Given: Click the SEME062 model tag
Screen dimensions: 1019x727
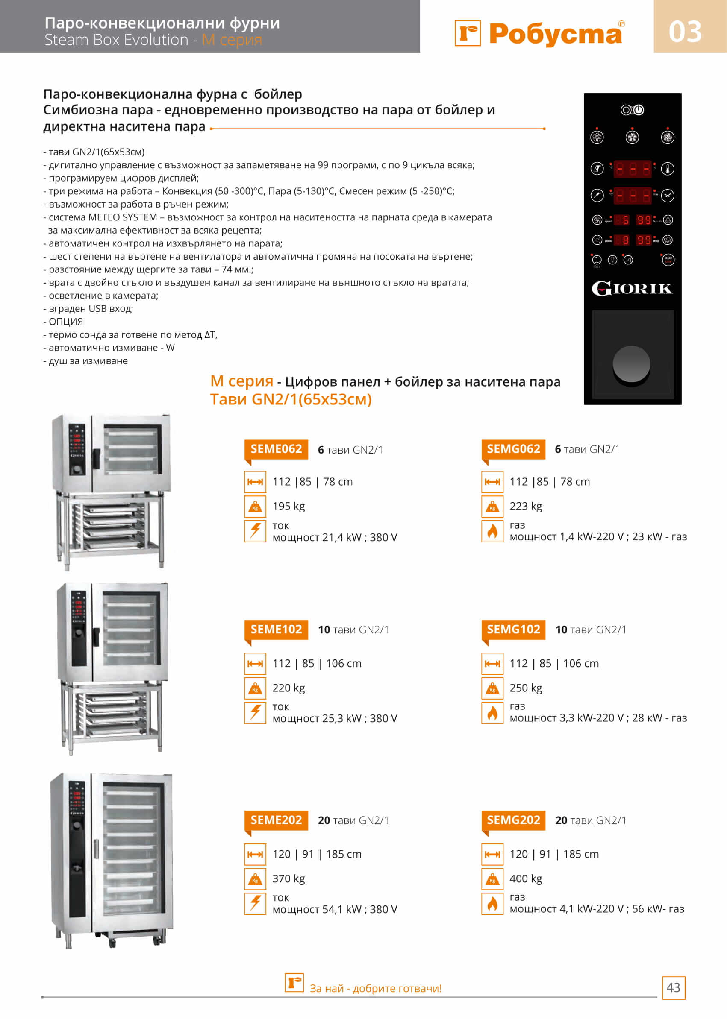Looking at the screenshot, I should pos(276,449).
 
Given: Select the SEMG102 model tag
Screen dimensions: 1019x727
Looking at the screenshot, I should pos(513,630).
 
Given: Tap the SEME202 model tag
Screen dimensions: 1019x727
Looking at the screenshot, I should pos(276,820).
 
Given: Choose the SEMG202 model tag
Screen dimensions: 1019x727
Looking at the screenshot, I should pos(513,820).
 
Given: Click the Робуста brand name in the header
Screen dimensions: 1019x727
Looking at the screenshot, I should pos(555,34).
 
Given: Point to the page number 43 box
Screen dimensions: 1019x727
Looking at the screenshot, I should pos(673,987).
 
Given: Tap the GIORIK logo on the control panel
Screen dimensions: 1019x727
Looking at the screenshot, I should pos(632,289).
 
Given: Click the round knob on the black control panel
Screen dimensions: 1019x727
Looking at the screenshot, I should pos(631,364).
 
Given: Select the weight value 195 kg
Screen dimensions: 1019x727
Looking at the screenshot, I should pos(289,507).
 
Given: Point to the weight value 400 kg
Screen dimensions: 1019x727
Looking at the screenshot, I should pos(526,878).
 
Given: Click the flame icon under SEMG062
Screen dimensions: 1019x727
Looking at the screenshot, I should pos(492,531).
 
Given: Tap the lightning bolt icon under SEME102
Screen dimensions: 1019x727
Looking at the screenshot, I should pos(255,713).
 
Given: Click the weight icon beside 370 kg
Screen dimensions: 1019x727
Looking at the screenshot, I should pos(255,879).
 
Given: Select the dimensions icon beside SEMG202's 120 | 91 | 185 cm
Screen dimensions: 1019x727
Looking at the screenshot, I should pos(492,855).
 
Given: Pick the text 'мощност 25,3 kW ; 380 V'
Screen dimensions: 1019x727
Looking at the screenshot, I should pos(335,718).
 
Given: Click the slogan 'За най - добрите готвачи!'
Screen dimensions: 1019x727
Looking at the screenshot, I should pos(376,988).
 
